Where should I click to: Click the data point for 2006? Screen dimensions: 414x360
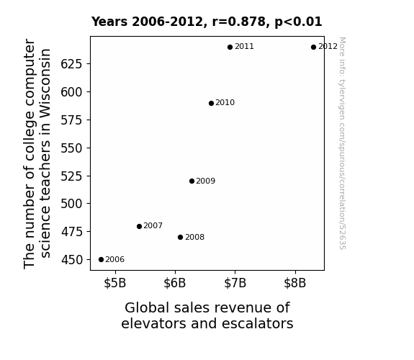pyautogui.click(x=101, y=260)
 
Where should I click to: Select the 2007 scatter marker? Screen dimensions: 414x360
pyautogui.click(x=139, y=226)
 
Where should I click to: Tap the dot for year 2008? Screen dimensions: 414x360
pyautogui.click(x=180, y=237)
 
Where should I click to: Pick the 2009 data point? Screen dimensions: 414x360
pyautogui.click(x=192, y=181)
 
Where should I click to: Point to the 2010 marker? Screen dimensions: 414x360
pyautogui.click(x=211, y=103)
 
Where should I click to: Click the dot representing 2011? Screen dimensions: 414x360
pyautogui.click(x=230, y=48)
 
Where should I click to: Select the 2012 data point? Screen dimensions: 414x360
pyautogui.click(x=313, y=48)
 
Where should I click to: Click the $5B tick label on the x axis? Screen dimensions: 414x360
pyautogui.click(x=115, y=283)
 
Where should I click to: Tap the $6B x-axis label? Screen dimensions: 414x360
pyautogui.click(x=175, y=283)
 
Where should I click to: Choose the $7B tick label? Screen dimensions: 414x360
pyautogui.click(x=235, y=283)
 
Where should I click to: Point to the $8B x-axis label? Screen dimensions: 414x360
pyautogui.click(x=295, y=283)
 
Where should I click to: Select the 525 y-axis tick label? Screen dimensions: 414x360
pyautogui.click(x=72, y=176)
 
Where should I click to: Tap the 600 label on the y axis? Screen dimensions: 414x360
pyautogui.click(x=72, y=92)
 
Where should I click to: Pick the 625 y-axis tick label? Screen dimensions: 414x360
pyautogui.click(x=72, y=64)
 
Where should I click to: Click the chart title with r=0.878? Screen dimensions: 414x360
pyautogui.click(x=207, y=22)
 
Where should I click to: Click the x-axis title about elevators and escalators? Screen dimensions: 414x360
pyautogui.click(x=207, y=315)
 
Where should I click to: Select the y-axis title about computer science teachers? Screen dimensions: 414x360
pyautogui.click(x=37, y=153)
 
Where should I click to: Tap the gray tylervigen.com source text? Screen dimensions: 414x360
pyautogui.click(x=342, y=143)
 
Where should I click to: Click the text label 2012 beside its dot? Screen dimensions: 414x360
pyautogui.click(x=328, y=47)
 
